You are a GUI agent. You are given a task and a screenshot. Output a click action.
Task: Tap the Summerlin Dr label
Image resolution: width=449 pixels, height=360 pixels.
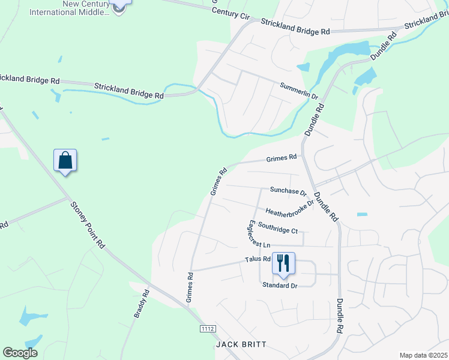click(298, 91)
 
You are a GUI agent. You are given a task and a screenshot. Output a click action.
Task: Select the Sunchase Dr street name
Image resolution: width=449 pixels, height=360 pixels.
click(288, 191)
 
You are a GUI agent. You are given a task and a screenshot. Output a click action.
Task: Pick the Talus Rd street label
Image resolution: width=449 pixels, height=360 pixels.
click(258, 259)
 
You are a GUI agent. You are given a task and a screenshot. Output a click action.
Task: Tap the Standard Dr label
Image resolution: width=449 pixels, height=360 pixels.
click(280, 286)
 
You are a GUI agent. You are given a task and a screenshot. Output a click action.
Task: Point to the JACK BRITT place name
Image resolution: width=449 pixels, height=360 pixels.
click(240, 345)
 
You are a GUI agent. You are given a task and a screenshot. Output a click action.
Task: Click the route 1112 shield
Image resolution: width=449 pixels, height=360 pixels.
click(208, 329)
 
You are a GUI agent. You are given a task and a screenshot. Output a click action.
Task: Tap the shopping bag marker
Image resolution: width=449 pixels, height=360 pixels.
click(65, 161)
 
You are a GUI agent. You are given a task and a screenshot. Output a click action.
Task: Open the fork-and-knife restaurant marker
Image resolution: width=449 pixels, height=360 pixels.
click(283, 263)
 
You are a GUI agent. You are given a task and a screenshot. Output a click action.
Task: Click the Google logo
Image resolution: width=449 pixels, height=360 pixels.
click(20, 353)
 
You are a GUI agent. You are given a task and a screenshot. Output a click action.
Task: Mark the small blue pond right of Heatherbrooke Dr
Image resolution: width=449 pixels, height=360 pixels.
click(361, 214)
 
